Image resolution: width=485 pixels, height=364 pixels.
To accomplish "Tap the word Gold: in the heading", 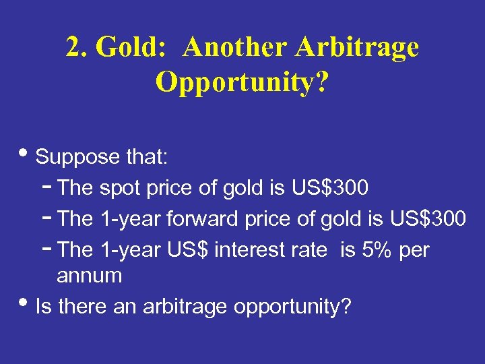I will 131,48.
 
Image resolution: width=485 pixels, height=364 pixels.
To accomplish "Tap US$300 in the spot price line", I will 330,188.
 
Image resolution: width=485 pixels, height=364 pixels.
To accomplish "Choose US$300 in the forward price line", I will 428,219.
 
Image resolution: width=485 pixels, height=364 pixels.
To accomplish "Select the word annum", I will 90,276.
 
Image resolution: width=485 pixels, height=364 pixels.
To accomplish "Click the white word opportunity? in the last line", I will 292,307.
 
